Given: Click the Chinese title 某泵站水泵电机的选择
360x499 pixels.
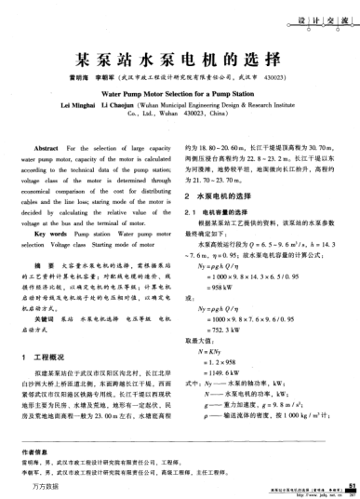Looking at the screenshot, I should [179, 57].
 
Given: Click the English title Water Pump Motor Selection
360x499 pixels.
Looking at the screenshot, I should [179, 94].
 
